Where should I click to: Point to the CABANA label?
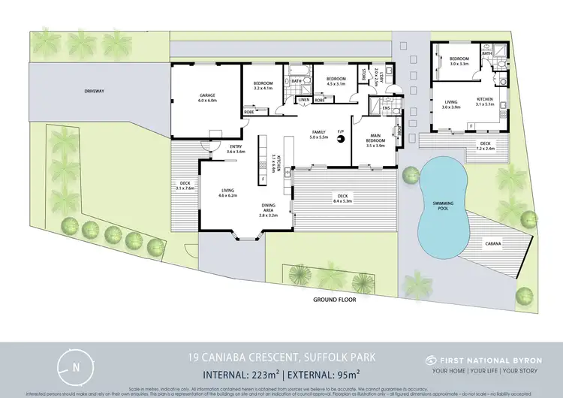pyautogui.click(x=492, y=244)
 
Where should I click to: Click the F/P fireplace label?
pyautogui.click(x=340, y=133)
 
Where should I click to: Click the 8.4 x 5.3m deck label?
pyautogui.click(x=342, y=198)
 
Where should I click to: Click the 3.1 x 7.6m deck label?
pyautogui.click(x=185, y=186)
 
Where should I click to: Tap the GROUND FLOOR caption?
pyautogui.click(x=334, y=299)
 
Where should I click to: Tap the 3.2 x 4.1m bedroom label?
pyautogui.click(x=262, y=86)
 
